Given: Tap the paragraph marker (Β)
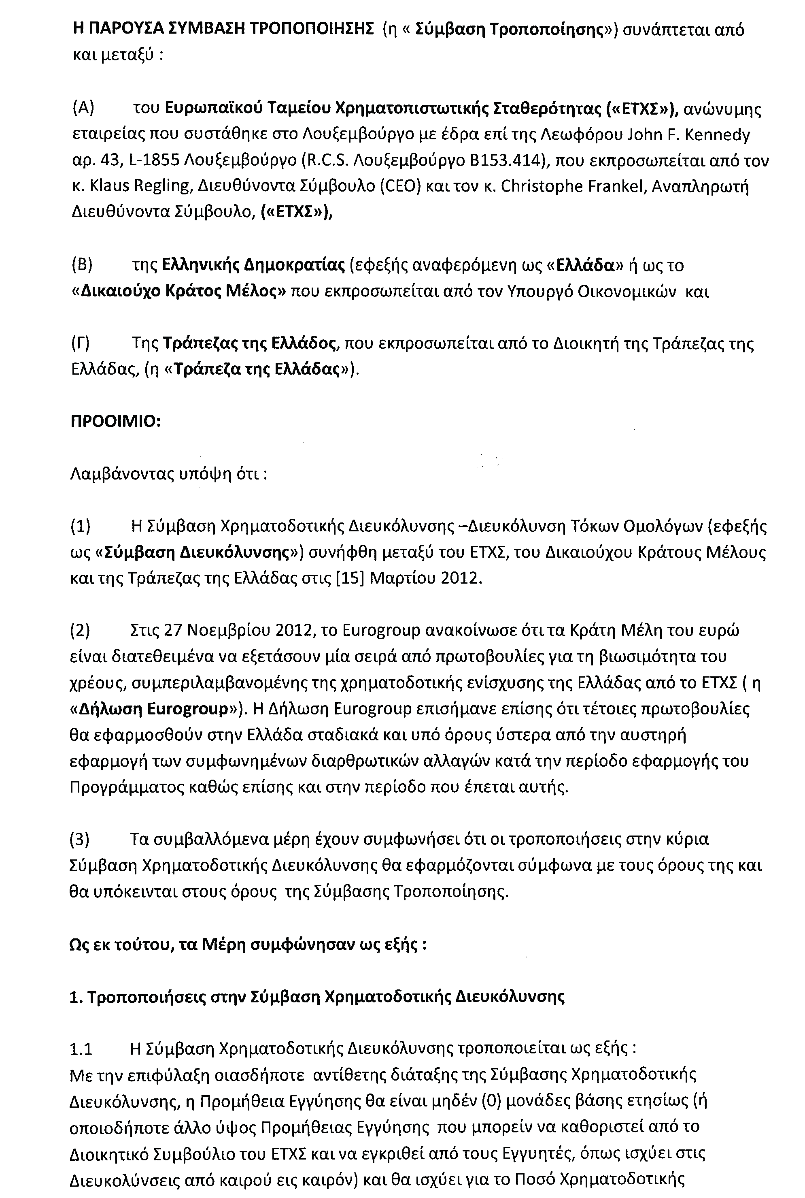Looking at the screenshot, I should (x=82, y=265).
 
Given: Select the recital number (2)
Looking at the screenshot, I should (x=80, y=630).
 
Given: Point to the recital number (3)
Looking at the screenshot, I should (x=80, y=839).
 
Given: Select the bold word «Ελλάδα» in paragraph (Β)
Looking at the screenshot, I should (x=584, y=265).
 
